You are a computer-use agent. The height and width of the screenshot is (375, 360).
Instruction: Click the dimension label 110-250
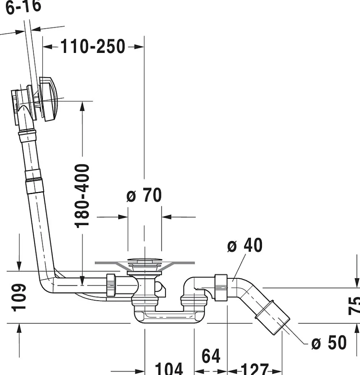click(x=93, y=47)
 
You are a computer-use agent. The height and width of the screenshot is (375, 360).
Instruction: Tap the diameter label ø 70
click(x=144, y=196)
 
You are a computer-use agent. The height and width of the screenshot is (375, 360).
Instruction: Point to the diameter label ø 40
click(x=245, y=245)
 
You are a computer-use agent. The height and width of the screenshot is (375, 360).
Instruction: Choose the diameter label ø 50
click(x=329, y=342)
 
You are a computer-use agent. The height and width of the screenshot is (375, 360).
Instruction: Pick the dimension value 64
click(x=211, y=356)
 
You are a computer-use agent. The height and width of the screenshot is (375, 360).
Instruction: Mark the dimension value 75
click(x=354, y=305)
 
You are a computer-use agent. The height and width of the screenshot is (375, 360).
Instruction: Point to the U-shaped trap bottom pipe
click(x=165, y=317)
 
